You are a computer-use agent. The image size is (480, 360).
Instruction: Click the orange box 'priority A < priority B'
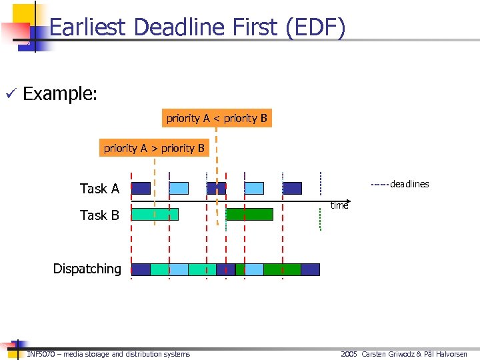point(217,118)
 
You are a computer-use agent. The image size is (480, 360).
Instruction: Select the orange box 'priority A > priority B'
point(154,148)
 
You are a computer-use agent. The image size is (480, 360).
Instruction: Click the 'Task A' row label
point(99,189)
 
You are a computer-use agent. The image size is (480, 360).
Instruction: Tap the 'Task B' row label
point(99,215)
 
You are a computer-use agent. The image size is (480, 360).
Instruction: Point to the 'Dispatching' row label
point(87,269)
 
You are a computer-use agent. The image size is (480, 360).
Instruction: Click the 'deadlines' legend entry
point(409,184)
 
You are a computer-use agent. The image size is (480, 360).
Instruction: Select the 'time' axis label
point(339,206)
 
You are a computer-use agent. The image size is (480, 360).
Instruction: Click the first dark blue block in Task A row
point(141,188)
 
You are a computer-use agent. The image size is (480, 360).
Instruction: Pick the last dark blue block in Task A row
point(292,188)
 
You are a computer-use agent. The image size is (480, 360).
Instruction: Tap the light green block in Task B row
point(155,214)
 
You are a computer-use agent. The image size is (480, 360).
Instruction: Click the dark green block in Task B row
point(249,214)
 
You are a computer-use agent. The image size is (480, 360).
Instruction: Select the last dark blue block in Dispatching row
point(310,269)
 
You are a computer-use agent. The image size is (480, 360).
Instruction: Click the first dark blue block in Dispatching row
point(141,269)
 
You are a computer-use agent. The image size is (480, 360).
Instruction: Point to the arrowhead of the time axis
point(347,201)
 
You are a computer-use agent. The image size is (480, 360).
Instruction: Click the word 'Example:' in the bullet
point(60,93)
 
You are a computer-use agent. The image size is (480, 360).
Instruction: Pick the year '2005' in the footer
point(349,354)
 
